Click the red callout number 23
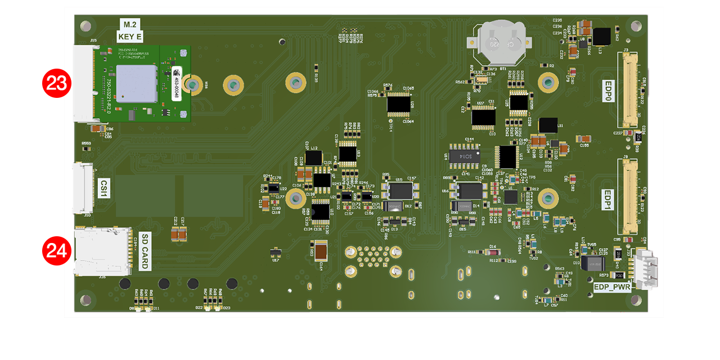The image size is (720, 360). point(56,83)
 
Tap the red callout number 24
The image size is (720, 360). point(56,250)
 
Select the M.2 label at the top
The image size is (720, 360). point(130,24)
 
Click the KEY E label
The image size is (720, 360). point(130,37)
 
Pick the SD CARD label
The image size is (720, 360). point(145,251)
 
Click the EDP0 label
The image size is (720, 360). point(607,89)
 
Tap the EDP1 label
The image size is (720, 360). point(607,200)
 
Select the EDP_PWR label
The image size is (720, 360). point(611,286)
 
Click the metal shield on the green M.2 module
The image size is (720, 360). point(136,83)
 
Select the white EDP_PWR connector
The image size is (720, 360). point(642,270)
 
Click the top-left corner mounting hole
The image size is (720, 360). point(85,26)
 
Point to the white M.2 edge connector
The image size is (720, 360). point(83,83)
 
